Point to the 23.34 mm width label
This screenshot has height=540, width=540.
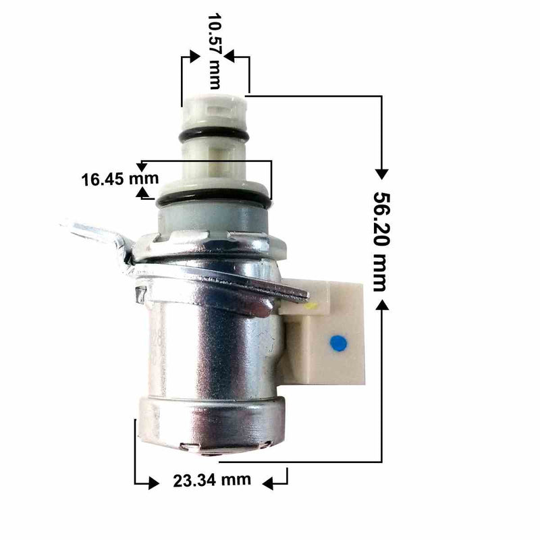[211, 481]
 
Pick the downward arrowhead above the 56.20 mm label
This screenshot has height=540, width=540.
[381, 173]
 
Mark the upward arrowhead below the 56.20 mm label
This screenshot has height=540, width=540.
[381, 306]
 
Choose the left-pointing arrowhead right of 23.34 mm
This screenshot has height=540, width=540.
[269, 482]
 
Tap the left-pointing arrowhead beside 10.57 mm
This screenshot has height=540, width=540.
[230, 58]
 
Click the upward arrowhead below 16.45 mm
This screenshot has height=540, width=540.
[142, 193]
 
